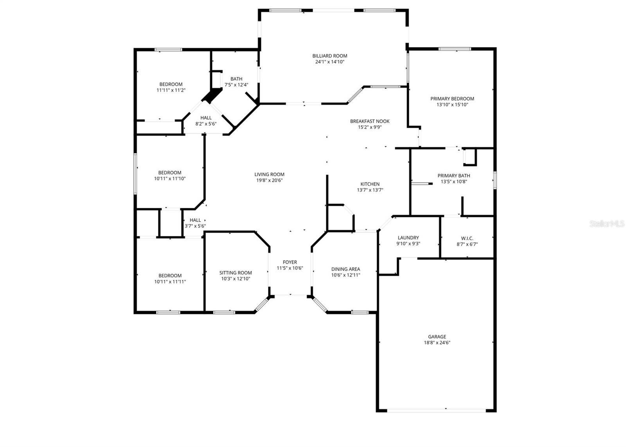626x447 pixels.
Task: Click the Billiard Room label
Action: (x=329, y=56)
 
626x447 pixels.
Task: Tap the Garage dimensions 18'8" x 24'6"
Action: (x=437, y=342)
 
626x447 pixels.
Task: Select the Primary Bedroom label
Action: (x=452, y=99)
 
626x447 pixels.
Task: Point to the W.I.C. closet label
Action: (x=467, y=238)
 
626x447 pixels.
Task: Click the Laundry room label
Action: (x=408, y=238)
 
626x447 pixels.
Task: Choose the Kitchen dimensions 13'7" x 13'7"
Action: (x=370, y=190)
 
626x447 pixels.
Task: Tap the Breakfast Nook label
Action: (x=369, y=121)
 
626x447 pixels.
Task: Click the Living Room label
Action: (x=269, y=175)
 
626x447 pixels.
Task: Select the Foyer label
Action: (x=290, y=262)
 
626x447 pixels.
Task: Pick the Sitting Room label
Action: (x=236, y=273)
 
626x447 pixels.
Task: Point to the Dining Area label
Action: (x=345, y=269)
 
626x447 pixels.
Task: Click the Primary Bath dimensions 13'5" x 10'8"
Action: (x=453, y=182)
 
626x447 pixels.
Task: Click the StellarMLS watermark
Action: (x=607, y=224)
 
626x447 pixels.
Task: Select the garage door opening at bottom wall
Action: (x=436, y=411)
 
